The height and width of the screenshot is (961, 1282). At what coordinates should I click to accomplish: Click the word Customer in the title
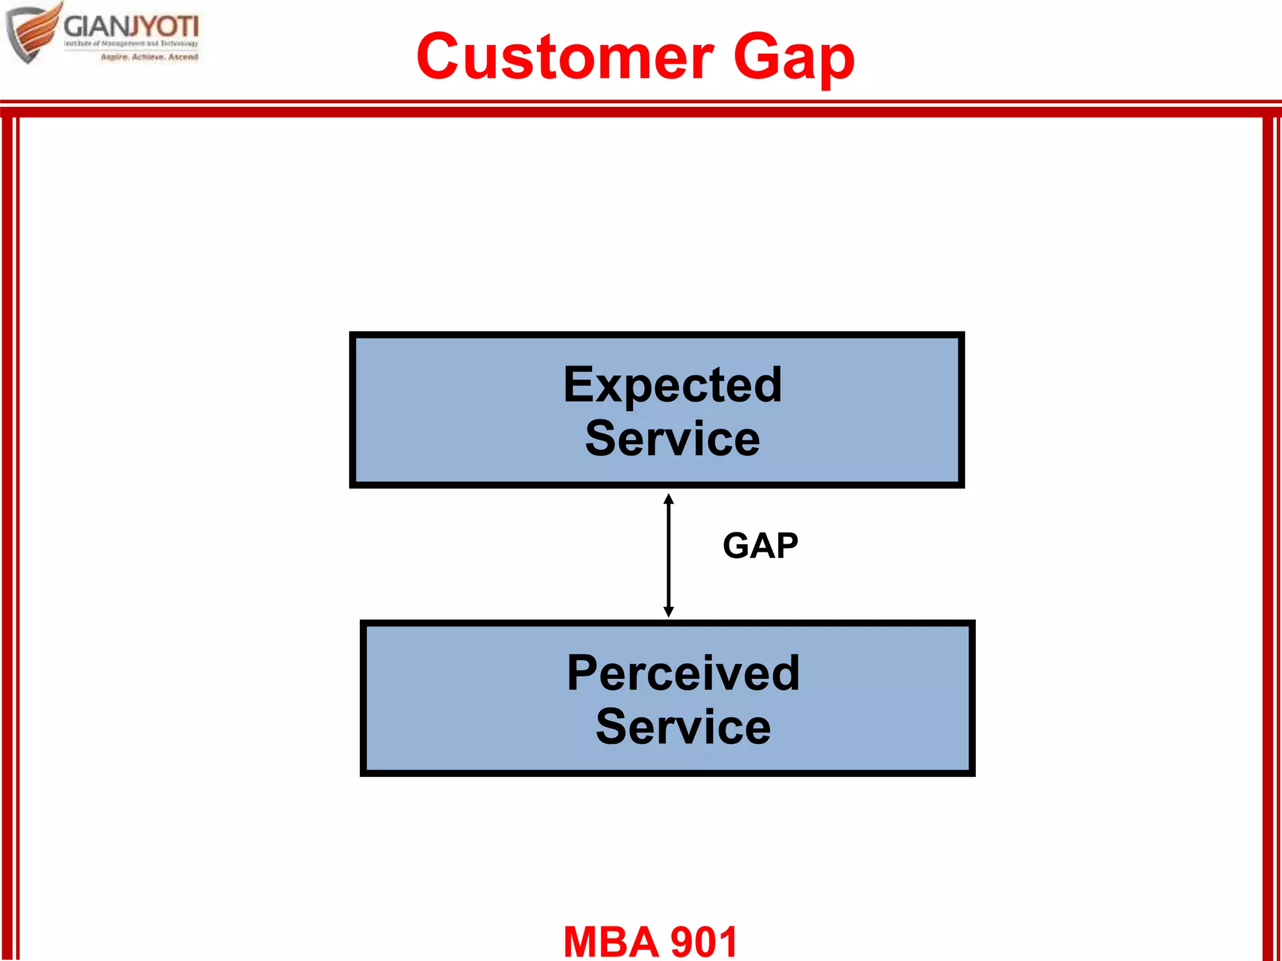point(565,58)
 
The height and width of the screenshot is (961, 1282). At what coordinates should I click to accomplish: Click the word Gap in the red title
point(793,58)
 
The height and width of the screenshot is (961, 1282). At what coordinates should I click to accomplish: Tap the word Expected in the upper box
point(672,385)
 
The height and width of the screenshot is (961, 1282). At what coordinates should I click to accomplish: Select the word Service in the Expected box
point(672,439)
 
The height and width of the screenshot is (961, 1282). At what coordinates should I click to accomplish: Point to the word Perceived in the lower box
point(683,673)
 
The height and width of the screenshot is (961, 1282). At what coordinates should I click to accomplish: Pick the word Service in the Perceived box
point(683,727)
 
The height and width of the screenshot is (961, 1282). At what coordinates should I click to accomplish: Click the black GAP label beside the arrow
point(760,546)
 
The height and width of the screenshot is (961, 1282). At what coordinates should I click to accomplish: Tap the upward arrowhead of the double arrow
point(669,499)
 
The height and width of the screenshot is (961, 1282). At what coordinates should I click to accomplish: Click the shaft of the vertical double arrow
point(669,556)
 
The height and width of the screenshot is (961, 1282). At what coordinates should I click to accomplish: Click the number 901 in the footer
point(704,942)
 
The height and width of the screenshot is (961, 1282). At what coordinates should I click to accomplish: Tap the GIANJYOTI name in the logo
point(131,27)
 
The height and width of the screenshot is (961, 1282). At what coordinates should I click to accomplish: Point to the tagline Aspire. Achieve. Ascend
point(149,57)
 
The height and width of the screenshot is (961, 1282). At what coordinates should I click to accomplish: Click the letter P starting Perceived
point(582,673)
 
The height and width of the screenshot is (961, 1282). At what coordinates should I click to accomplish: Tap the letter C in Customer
point(443,58)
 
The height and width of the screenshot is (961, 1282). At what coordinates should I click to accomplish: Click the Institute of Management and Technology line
point(131,44)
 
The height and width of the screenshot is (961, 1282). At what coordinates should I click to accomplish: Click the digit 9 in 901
point(682,942)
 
